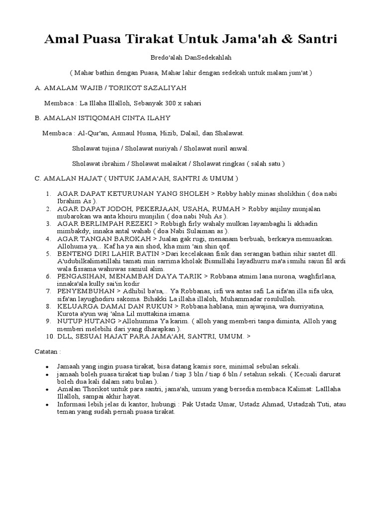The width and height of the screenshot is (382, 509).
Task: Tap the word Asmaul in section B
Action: pos(134,133)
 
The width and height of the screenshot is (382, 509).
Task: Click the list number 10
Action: pos(49,336)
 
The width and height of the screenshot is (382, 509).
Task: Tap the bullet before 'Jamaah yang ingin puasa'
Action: pos(47,366)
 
